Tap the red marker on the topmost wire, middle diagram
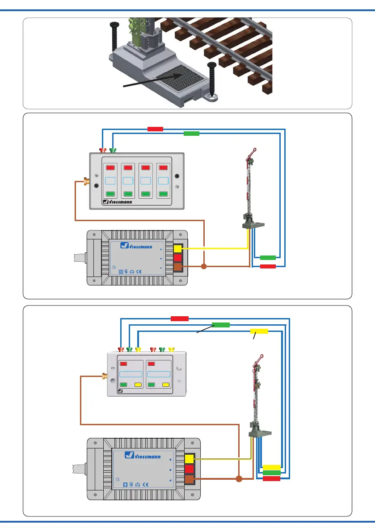point(155,129)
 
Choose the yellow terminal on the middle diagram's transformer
point(177,249)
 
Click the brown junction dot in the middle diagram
point(204,267)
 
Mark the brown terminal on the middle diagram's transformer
point(177,267)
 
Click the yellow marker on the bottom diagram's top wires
point(259,331)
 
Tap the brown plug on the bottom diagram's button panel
point(105,377)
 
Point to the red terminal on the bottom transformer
point(189,469)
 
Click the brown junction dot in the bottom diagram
point(239,479)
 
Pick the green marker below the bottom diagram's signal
point(272,473)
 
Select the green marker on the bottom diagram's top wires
point(220,325)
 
